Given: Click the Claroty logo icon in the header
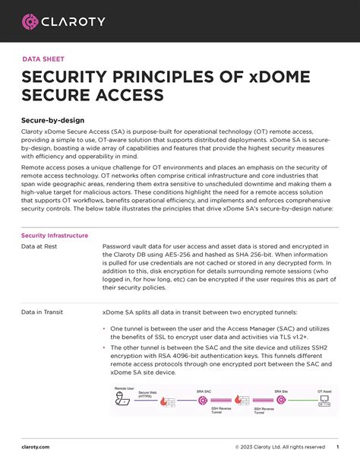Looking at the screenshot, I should point(30,22).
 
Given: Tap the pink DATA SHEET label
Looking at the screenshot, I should point(43,59).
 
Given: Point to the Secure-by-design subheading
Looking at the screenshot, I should point(52,120).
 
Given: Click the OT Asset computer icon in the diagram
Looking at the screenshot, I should point(324,399).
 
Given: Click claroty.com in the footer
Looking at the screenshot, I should point(36,447).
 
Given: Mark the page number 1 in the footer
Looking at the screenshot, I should point(337,447).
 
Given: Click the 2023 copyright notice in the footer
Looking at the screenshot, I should point(279,447).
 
